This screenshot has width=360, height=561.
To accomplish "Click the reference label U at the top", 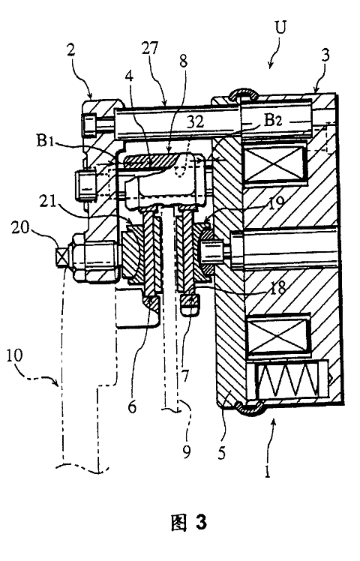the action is point(281,27).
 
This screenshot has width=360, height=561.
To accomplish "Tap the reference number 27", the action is point(150,47).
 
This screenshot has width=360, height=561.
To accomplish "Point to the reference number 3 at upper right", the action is point(325,56).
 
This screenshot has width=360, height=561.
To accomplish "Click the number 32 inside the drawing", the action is point(196,121).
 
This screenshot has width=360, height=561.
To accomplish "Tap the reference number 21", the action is point(47,202).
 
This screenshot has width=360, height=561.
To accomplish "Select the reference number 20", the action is point(19,227).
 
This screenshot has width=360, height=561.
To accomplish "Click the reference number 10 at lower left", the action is point(14,355).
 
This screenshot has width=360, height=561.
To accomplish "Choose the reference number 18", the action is point(277,286).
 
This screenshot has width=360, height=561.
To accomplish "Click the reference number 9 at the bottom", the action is point(187,452).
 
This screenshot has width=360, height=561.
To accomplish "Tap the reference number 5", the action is point(222,453).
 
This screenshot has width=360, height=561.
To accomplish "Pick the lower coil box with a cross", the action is point(277,335).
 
